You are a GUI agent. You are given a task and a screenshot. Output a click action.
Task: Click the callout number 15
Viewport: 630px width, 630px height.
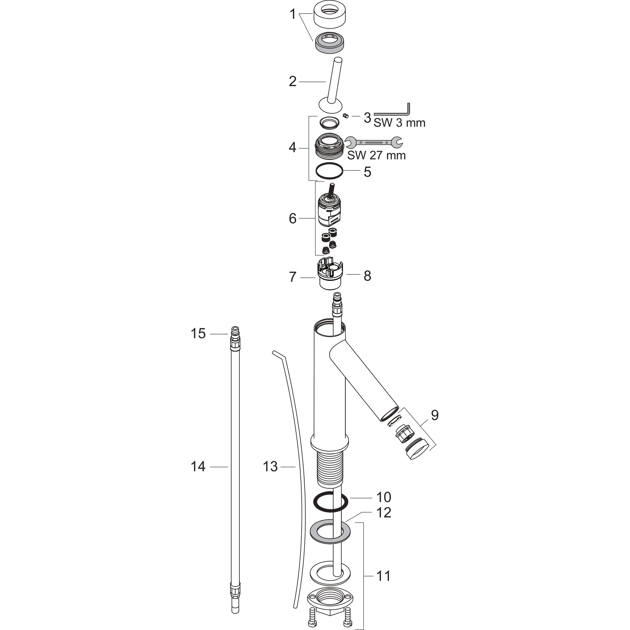coord(198,333)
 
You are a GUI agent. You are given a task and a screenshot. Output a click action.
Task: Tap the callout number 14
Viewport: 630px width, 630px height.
coord(198,467)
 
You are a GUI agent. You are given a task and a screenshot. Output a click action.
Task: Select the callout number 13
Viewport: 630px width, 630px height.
coord(270,467)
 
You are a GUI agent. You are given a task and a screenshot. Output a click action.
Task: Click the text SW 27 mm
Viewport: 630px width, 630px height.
coord(376,155)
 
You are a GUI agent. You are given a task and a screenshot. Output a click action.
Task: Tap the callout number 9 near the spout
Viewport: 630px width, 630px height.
coord(435,415)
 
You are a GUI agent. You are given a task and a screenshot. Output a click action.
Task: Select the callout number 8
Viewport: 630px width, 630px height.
coord(367,276)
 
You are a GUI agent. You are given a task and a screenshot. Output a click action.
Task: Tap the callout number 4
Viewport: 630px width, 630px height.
coord(292,148)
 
